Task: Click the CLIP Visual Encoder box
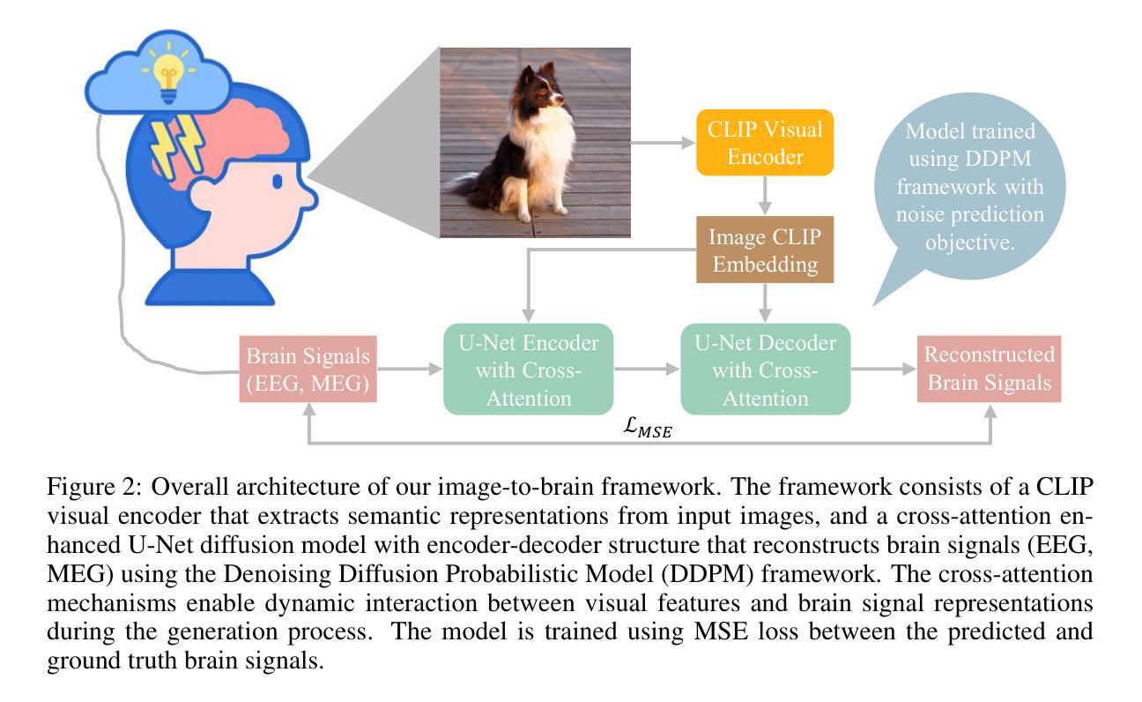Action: pyautogui.click(x=765, y=142)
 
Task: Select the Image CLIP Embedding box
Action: pyautogui.click(x=765, y=250)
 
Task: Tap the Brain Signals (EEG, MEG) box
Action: pyautogui.click(x=308, y=369)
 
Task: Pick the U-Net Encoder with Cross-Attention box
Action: pyautogui.click(x=528, y=369)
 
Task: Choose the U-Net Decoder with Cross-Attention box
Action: pyautogui.click(x=765, y=369)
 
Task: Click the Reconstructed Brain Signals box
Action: pyautogui.click(x=989, y=369)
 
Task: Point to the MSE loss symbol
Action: pyautogui.click(x=648, y=427)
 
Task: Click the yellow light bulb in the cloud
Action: pyautogui.click(x=168, y=78)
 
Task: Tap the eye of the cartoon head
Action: pyautogui.click(x=278, y=182)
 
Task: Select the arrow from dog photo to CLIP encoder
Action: pyautogui.click(x=664, y=142)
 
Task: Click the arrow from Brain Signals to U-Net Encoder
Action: pyautogui.click(x=410, y=369)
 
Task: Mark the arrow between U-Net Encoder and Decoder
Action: pyautogui.click(x=647, y=369)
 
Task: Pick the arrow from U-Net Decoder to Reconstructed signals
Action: pyautogui.click(x=884, y=369)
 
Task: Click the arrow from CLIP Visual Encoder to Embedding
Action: pyautogui.click(x=765, y=196)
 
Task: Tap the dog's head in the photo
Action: pyautogui.click(x=542, y=86)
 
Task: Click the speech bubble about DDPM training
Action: pyautogui.click(x=968, y=189)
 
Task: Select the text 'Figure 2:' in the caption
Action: pyautogui.click(x=94, y=486)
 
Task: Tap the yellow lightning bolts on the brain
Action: pyautogui.click(x=178, y=146)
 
